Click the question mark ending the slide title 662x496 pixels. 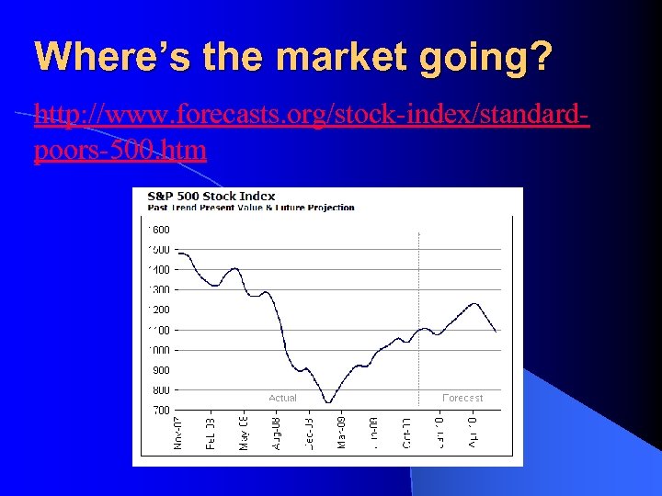pyautogui.click(x=541, y=57)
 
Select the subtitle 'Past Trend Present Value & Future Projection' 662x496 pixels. pyautogui.click(x=244, y=208)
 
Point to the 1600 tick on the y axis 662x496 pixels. pyautogui.click(x=159, y=230)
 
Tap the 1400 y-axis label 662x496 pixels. pyautogui.click(x=159, y=270)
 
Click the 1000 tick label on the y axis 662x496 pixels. pyautogui.click(x=159, y=350)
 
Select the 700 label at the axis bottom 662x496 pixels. pyautogui.click(x=161, y=411)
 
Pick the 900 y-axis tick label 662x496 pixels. pyautogui.click(x=161, y=370)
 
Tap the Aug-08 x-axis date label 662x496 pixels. pyautogui.click(x=276, y=433)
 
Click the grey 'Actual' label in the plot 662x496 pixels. pyautogui.click(x=282, y=398)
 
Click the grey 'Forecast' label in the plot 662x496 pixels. pyautogui.click(x=462, y=398)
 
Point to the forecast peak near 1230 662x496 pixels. pyautogui.click(x=474, y=303)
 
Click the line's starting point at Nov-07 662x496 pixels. pyautogui.click(x=177, y=253)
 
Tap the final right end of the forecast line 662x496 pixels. pyautogui.click(x=496, y=331)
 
